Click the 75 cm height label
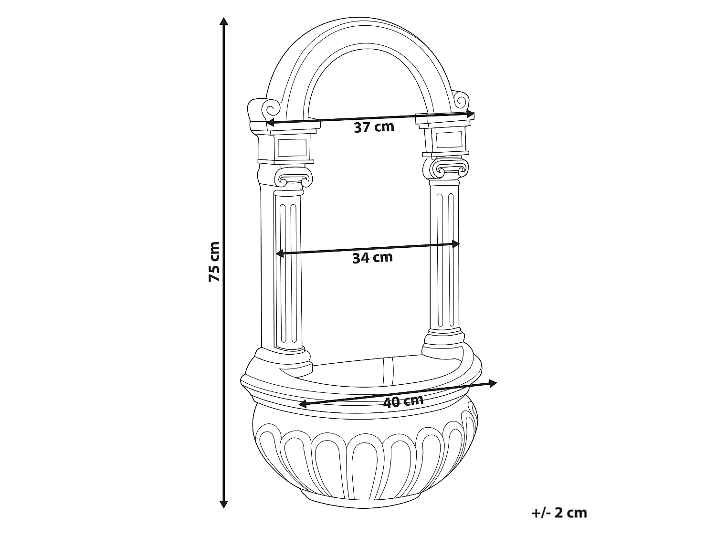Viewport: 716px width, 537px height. click(x=214, y=262)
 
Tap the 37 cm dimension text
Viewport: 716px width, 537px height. click(x=374, y=127)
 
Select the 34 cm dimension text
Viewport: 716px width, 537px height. click(x=372, y=258)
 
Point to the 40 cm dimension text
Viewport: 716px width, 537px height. click(x=403, y=401)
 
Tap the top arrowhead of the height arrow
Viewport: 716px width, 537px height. click(x=223, y=21)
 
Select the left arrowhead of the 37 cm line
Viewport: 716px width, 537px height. click(x=271, y=123)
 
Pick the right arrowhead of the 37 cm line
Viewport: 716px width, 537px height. click(x=470, y=114)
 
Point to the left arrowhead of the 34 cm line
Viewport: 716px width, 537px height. click(x=280, y=253)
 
